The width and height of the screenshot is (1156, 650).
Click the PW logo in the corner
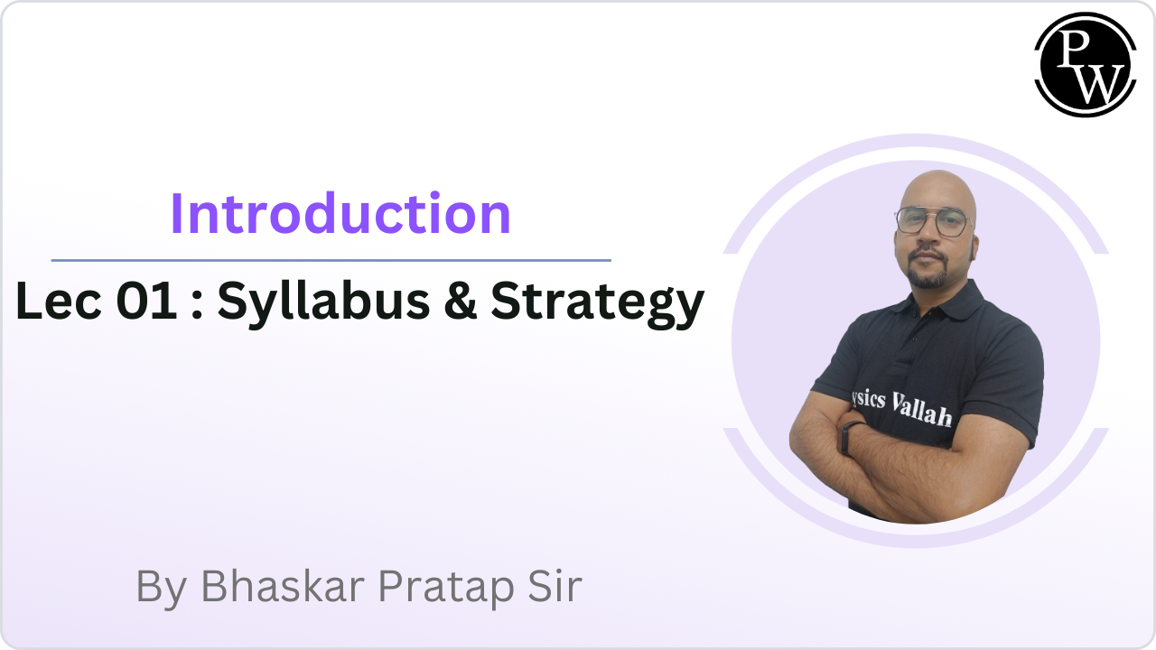(x=1086, y=64)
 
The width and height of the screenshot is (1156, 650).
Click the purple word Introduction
(x=340, y=214)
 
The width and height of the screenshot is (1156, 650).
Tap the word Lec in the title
(x=59, y=301)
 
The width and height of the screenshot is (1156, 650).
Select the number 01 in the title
(x=147, y=301)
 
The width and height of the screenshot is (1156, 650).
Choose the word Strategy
(x=597, y=304)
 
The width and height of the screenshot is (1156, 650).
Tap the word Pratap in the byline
(x=446, y=589)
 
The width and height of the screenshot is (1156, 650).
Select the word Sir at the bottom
(x=555, y=586)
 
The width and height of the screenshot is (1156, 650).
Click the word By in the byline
(x=162, y=589)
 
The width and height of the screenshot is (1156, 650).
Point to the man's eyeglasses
(x=933, y=221)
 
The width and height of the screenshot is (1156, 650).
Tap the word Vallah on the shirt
(x=922, y=409)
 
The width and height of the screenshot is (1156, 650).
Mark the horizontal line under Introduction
(x=331, y=261)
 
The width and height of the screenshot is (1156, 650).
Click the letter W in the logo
(x=1097, y=84)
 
